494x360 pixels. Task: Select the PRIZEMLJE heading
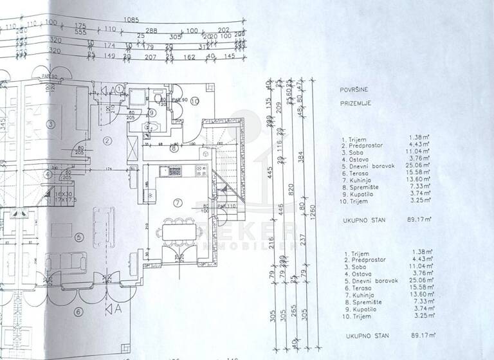pyautogui.click(x=356, y=103)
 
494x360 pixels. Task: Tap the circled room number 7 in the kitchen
pyautogui.click(x=178, y=203)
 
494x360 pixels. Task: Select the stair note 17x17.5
pyautogui.click(x=47, y=200)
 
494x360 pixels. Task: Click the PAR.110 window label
pyautogui.click(x=226, y=206)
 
